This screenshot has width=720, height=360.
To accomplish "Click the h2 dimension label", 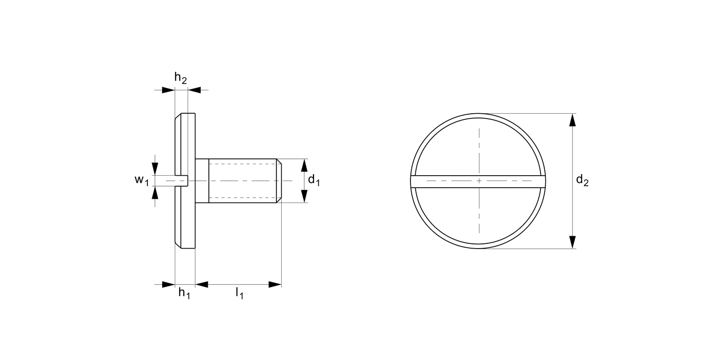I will point(180,78).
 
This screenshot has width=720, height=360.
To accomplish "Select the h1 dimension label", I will point(184,293).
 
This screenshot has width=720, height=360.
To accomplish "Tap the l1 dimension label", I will point(239,293).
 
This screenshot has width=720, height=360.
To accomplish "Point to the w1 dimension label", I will point(141,180).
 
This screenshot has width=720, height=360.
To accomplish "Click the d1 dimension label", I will point(314,180).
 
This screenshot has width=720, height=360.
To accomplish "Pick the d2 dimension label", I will point(582,180).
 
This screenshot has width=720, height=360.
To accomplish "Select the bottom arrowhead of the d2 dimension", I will point(572,242).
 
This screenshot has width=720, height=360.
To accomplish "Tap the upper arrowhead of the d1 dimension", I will point(304,165).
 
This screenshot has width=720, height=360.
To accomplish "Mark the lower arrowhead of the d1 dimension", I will point(304,196).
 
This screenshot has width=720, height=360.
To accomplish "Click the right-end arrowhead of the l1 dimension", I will point(275,285).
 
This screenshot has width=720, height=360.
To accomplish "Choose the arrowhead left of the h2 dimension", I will point(168,90).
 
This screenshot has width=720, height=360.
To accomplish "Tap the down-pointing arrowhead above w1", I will point(155,168).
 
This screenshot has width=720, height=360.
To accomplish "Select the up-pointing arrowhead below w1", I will point(155,193).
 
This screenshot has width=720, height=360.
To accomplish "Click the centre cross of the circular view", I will point(479,180).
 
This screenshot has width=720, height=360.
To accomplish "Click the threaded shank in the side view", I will point(242,180).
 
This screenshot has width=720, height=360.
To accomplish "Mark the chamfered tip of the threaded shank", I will point(278,180).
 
